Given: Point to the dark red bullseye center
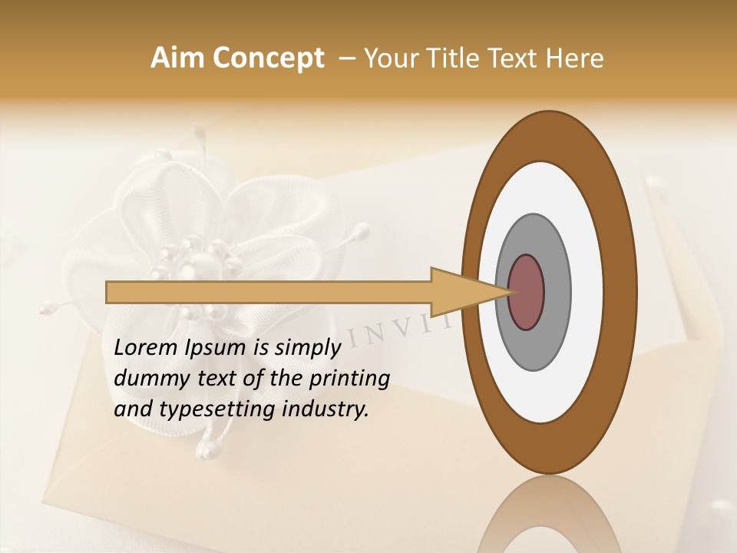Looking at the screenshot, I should pyautogui.click(x=527, y=292).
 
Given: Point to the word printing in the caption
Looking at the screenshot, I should pyautogui.click(x=349, y=379).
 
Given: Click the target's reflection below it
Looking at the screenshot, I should pyautogui.click(x=548, y=515).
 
